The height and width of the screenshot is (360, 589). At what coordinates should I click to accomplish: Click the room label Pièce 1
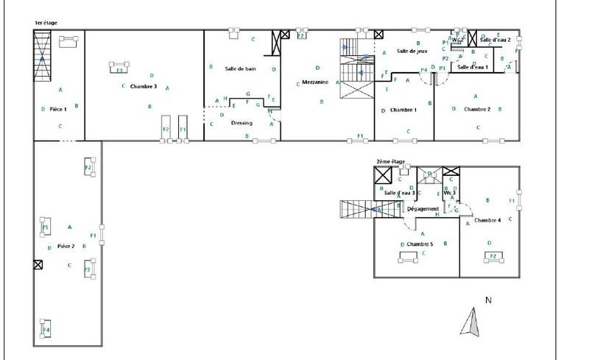58,109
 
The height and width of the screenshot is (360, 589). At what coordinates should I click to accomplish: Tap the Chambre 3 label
144,86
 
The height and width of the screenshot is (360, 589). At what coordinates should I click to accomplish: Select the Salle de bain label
240,68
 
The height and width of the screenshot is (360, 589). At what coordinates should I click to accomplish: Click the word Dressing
241,123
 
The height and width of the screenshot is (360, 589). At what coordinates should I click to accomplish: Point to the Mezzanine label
314,82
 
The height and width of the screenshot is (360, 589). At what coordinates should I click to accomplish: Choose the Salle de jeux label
412,51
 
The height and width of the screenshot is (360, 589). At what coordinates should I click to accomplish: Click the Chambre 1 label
403,110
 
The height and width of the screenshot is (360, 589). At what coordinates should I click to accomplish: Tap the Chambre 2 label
477,110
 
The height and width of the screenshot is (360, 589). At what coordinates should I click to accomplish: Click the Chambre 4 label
487,220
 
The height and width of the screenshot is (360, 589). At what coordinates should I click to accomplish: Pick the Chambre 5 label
420,244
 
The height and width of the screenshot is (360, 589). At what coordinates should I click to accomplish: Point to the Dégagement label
423,209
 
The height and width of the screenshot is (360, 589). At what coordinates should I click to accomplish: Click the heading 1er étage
44,24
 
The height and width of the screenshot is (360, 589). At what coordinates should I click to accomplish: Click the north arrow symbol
471,322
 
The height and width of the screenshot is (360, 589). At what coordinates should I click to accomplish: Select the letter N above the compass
487,300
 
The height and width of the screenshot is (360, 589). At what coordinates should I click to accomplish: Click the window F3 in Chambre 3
119,70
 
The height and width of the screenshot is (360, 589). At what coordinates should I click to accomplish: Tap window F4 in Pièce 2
46,330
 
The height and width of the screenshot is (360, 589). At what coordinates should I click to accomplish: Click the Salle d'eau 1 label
473,67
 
